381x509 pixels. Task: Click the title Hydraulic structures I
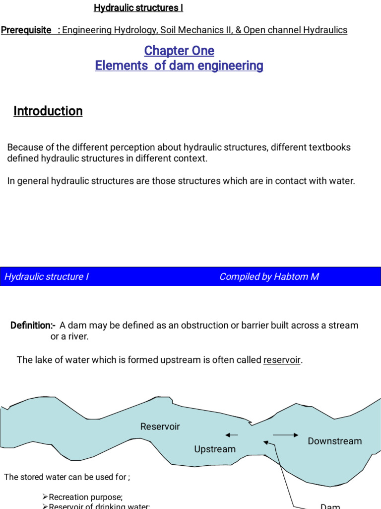coord(138,8)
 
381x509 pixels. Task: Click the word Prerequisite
coord(26,30)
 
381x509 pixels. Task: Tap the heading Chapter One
coord(179,51)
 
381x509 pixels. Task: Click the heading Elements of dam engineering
coord(179,66)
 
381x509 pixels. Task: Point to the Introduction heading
coord(48,111)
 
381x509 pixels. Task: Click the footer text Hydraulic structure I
coord(47,277)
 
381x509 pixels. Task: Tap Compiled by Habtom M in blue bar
coord(269,277)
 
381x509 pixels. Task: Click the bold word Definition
coord(32,326)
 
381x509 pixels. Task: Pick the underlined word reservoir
coord(282,360)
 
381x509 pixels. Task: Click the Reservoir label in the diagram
coord(160,426)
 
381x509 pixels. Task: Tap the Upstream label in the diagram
coord(215,449)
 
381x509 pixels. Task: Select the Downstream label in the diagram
coord(334,441)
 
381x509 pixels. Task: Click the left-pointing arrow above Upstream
coord(232,435)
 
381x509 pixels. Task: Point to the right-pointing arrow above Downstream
coord(286,435)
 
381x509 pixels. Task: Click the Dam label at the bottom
coord(330,506)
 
